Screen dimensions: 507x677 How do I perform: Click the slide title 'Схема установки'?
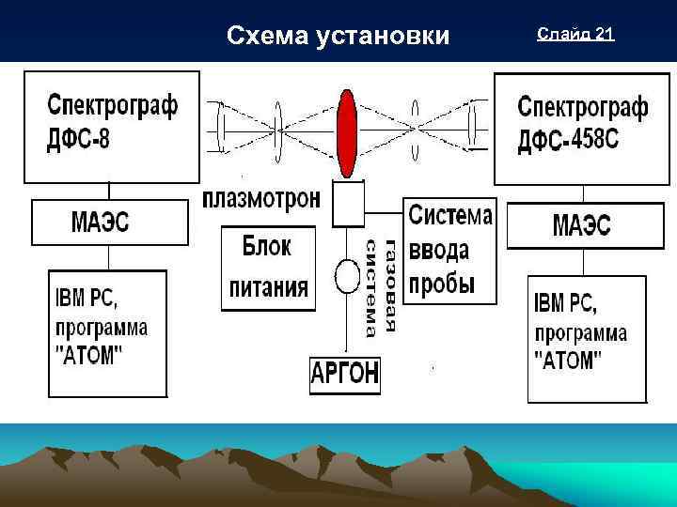[338, 36]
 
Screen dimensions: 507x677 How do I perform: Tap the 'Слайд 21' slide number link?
[575, 35]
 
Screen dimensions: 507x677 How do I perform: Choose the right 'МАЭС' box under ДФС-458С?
[580, 226]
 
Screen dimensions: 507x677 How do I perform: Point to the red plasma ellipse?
[348, 132]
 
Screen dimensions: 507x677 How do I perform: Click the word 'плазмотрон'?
[262, 199]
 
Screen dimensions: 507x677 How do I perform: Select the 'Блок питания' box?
[267, 269]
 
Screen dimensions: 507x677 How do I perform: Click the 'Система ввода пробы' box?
[449, 250]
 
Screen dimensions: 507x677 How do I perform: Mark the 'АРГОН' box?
[345, 375]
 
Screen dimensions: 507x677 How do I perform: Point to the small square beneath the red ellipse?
[348, 204]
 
